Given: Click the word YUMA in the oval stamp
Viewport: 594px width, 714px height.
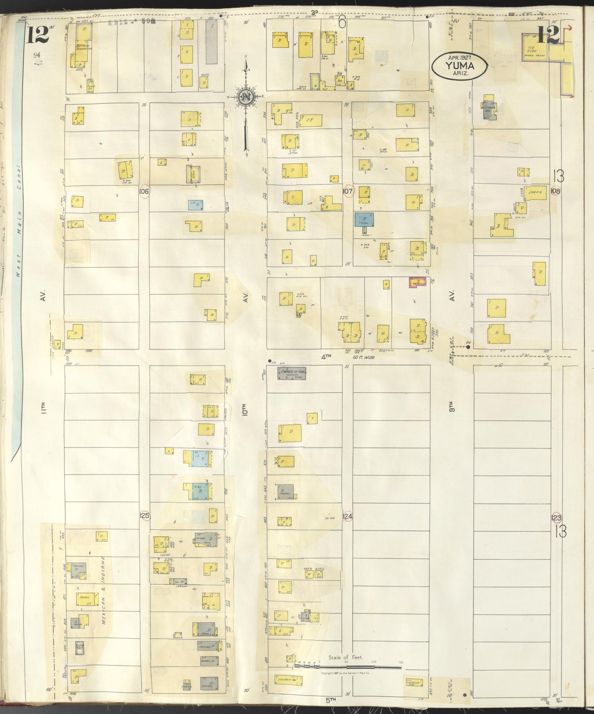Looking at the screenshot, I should (459, 65).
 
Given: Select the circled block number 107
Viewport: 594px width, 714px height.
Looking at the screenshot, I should (347, 191).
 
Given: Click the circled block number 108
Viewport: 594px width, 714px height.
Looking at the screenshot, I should (556, 191).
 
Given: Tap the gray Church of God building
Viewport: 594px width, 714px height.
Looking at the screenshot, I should (292, 373).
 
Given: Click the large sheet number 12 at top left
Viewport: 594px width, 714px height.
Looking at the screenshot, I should (37, 35).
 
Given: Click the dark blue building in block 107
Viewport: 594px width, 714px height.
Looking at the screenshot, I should (364, 219).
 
